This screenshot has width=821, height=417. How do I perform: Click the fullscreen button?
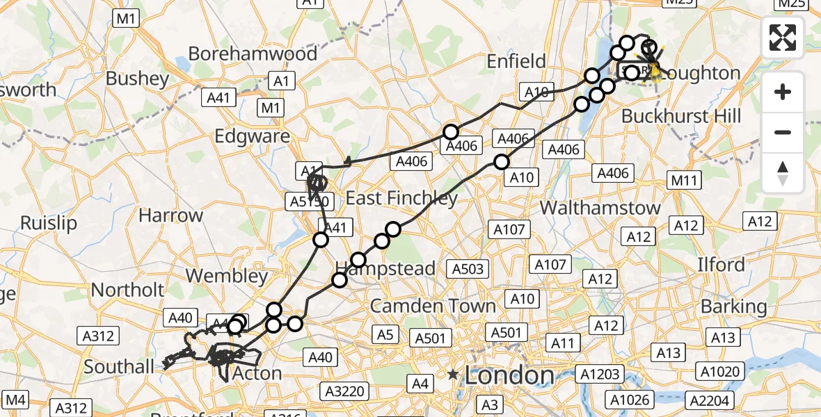pyautogui.click(x=783, y=38)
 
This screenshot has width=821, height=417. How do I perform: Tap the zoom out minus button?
pyautogui.click(x=783, y=133)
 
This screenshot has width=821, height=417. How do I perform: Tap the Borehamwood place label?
pyautogui.click(x=253, y=54)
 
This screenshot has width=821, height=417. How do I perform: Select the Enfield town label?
pyautogui.click(x=516, y=61)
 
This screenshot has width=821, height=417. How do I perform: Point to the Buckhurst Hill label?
pyautogui.click(x=681, y=116)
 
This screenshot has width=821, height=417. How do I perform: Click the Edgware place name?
pyautogui.click(x=253, y=136)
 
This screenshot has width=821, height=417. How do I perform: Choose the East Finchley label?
pyautogui.click(x=401, y=198)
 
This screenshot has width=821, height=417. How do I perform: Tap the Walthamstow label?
pyautogui.click(x=600, y=207)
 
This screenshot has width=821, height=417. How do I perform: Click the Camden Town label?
pyautogui.click(x=433, y=306)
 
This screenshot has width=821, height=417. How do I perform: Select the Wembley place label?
pyautogui.click(x=227, y=276)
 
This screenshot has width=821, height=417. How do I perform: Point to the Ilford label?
pyautogui.click(x=722, y=265)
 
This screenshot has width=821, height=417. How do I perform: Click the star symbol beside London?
pyautogui.click(x=453, y=375)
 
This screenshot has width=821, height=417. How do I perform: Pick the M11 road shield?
pyautogui.click(x=684, y=181)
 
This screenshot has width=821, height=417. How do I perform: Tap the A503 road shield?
pyautogui.click(x=468, y=269)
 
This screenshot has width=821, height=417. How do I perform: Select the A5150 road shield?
pyautogui.click(x=310, y=202)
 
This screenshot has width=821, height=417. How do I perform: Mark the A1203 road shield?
pyautogui.click(x=600, y=375)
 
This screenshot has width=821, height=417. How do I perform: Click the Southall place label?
pyautogui.click(x=118, y=366)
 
